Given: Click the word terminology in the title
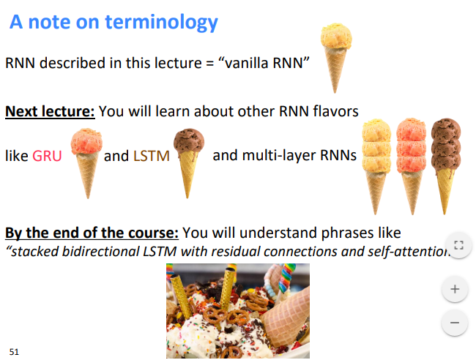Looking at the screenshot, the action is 162,23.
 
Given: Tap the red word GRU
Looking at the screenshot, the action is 47,156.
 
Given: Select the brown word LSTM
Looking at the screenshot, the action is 152,156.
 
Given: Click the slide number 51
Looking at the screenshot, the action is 14,352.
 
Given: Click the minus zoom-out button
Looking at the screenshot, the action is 455,323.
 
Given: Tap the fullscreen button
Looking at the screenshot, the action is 458,244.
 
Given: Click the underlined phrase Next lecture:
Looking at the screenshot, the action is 50,111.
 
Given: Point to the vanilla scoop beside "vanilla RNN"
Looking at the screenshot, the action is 336,36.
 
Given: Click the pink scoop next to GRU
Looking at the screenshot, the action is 86,141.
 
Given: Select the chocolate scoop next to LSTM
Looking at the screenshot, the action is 189,140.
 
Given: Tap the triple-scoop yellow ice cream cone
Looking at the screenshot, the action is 376,166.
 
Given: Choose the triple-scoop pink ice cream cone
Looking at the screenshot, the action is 412,166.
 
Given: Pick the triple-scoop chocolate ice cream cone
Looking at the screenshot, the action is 446,166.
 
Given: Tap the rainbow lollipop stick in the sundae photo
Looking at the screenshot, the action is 286,277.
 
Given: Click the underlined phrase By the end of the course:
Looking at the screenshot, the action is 92,233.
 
